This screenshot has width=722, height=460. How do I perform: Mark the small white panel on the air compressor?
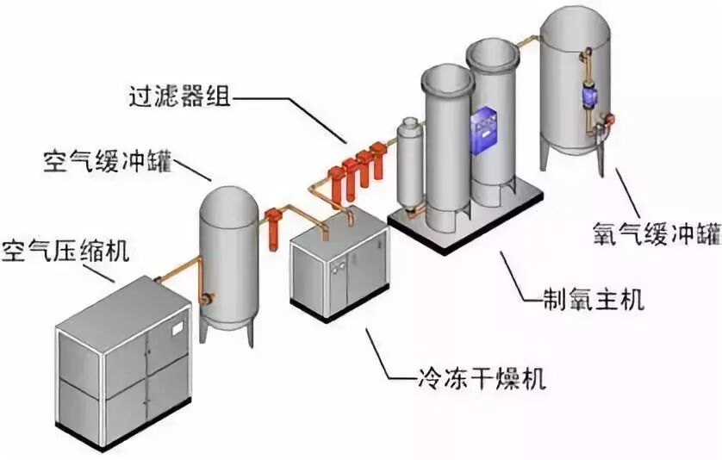(178, 328)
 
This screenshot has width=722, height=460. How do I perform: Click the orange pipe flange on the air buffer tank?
(207, 299)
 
